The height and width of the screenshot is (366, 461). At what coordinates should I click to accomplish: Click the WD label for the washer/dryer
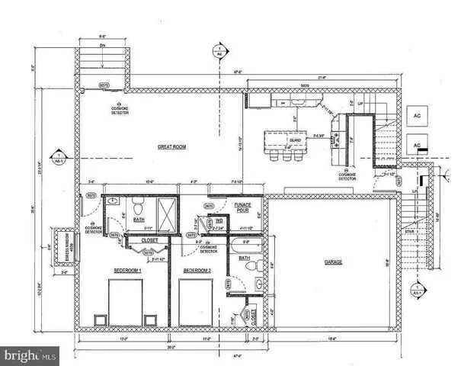[219, 220]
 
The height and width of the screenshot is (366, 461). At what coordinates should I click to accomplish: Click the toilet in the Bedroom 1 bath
[138, 207]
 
